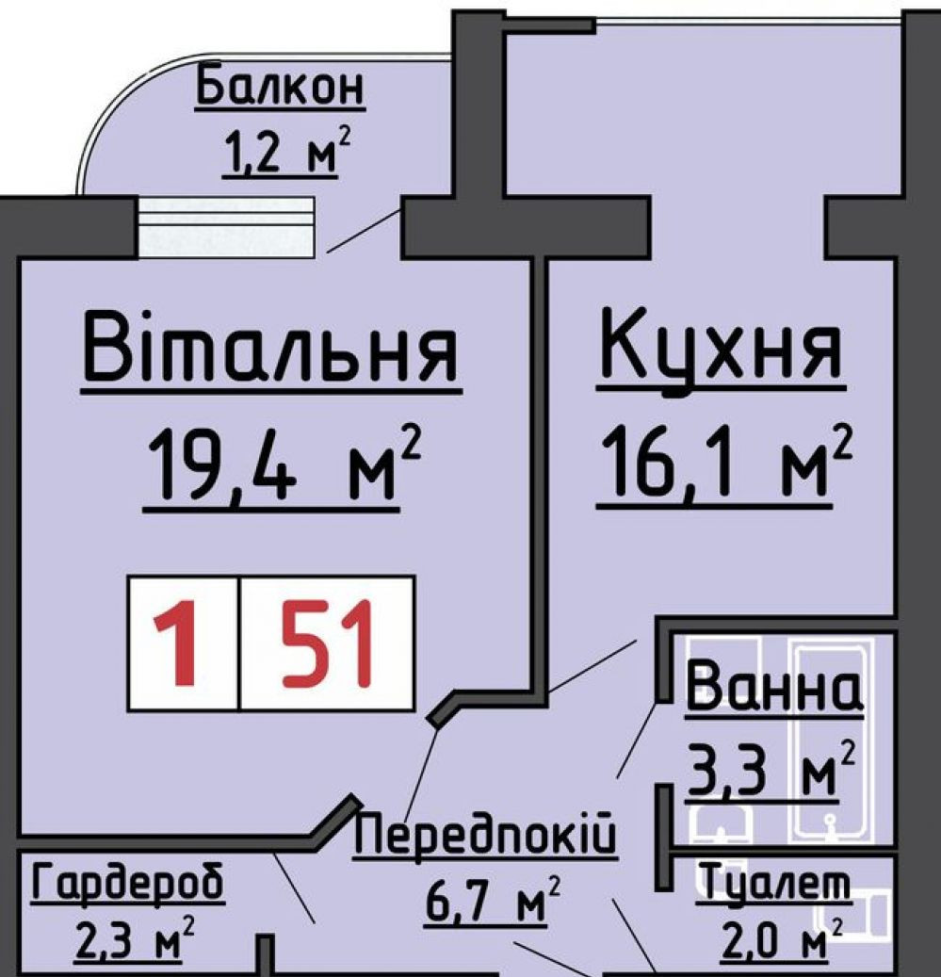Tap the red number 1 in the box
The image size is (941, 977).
coord(179,643)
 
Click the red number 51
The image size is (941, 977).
coord(327,643)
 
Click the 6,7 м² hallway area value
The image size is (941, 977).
coord(492,900)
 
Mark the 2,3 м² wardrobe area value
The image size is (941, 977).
coord(134,938)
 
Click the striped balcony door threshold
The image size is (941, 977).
coord(225,227)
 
